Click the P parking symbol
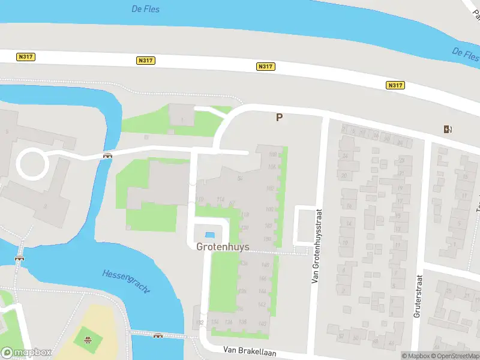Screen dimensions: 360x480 [x=279, y=118]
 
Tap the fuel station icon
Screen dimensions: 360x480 [x=447, y=128]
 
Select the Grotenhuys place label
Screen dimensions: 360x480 [x=220, y=247]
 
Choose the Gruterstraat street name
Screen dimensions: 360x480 [x=418, y=296]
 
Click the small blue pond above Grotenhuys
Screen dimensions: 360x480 [x=210, y=235]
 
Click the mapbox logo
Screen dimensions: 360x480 [x=26, y=353]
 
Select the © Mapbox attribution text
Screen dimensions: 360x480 [x=416, y=356]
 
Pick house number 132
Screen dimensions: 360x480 [x=200, y=323]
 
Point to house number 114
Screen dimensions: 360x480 [x=220, y=200]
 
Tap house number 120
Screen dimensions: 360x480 [x=244, y=228]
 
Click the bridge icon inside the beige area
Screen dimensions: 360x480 [x=88, y=340]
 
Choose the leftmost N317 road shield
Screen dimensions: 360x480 [x=26, y=57]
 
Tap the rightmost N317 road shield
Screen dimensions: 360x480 [x=395, y=85]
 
